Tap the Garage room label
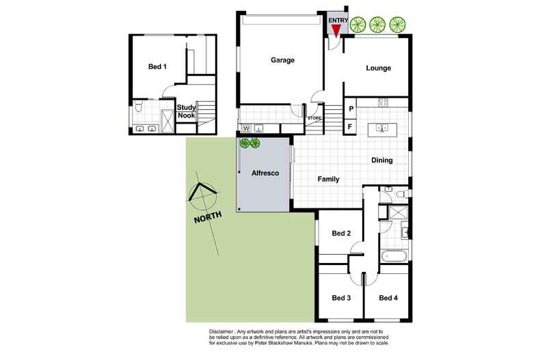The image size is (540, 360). (281, 60)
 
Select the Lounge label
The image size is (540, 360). (378, 68)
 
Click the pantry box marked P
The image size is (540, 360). (351, 109)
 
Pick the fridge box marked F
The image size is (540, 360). (351, 126)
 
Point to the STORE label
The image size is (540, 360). (314, 117)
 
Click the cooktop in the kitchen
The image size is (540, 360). (383, 103)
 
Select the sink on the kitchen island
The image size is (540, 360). (383, 128)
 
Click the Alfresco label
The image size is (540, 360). (263, 174)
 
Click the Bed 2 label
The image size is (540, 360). (341, 234)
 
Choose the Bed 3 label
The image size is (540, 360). (341, 298)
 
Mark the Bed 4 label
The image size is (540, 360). (388, 298)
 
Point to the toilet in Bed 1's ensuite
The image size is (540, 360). (139, 106)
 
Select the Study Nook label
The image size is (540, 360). (187, 111)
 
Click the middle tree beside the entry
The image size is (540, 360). (377, 25)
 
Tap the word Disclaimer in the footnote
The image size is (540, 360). (227, 331)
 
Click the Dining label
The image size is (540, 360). (381, 161)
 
